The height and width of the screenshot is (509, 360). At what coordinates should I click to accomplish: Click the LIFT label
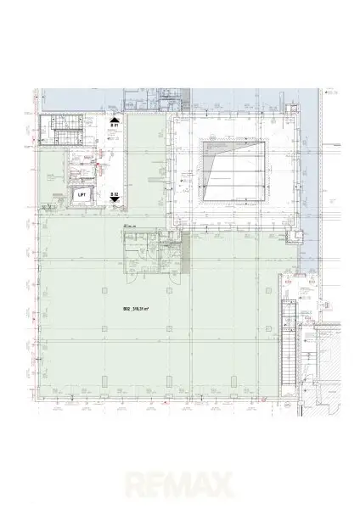[82, 194]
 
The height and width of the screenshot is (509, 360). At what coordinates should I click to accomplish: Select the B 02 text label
[113, 194]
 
